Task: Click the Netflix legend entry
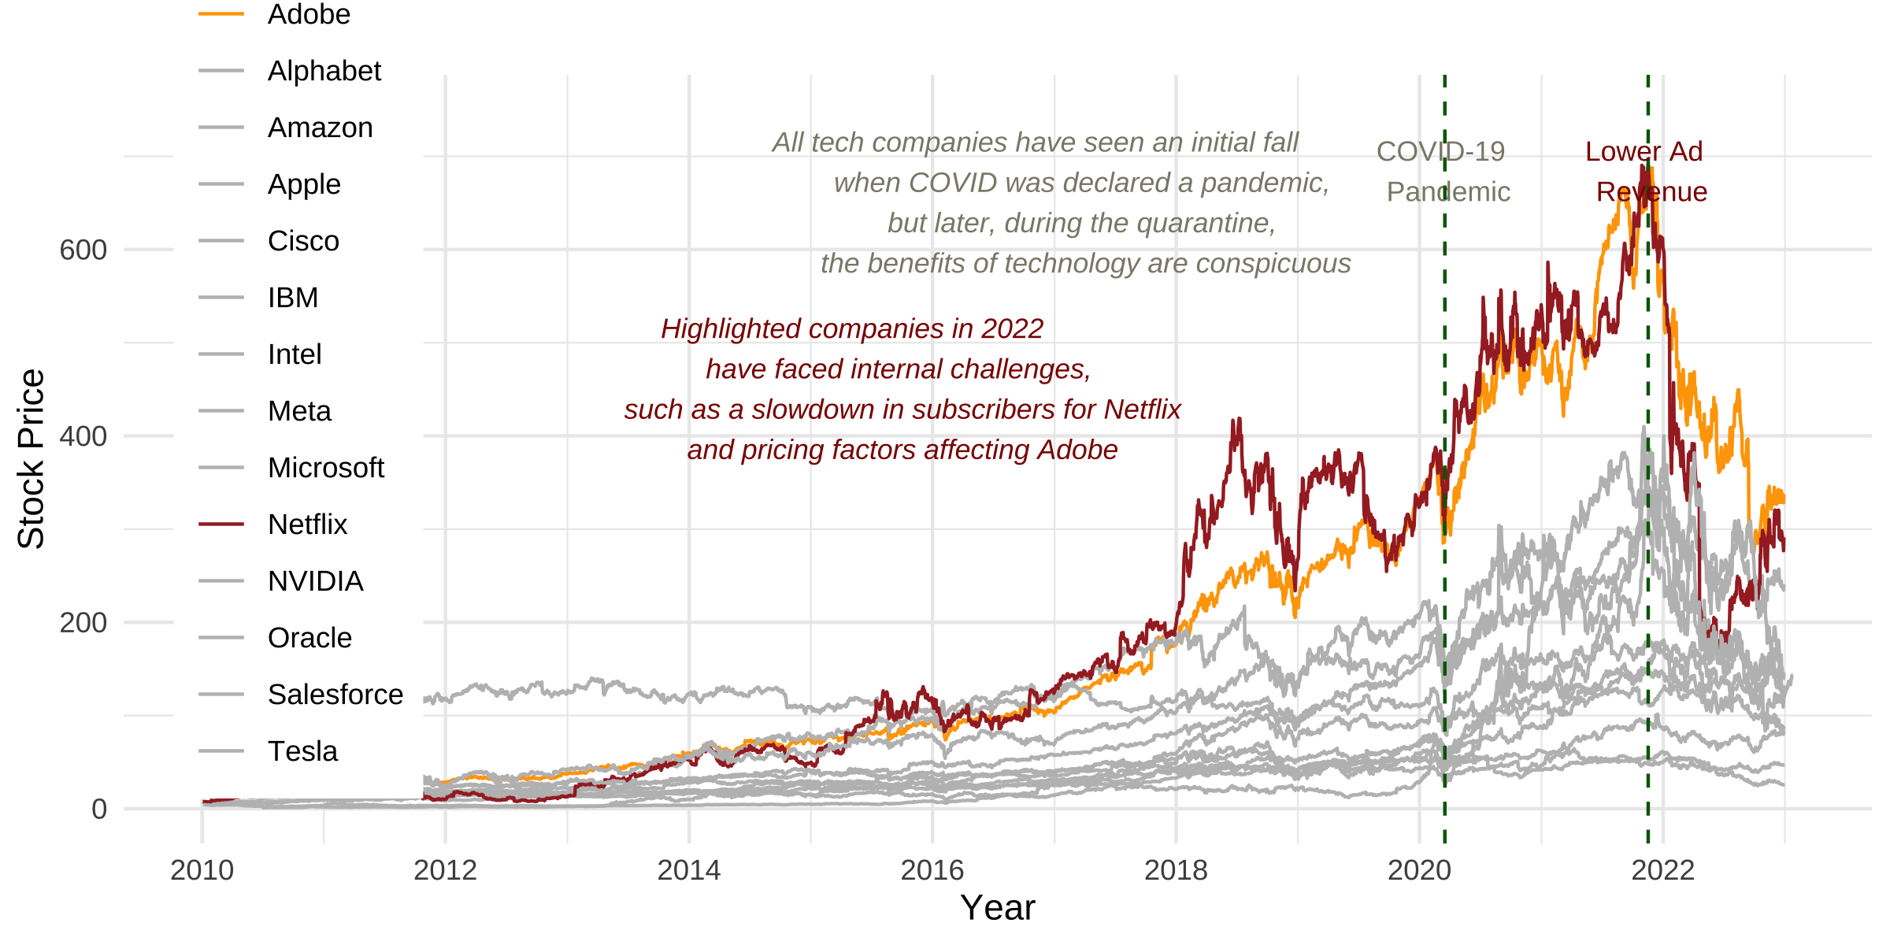coord(307,524)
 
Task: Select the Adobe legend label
coord(309,14)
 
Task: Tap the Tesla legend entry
coord(302,751)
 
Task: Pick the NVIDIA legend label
coord(315,581)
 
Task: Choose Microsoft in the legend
coord(325,468)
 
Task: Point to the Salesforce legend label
coord(335,695)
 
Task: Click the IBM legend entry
coord(293,298)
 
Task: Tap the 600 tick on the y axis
coord(83,250)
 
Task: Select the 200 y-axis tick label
coord(83,623)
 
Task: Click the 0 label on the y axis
coord(99,810)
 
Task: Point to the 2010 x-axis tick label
coord(202,870)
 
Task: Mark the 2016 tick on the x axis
coord(932,870)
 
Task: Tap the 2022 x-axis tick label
coord(1662,870)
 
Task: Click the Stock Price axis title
coord(31,458)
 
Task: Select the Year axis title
coord(997,908)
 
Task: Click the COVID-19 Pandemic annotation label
coord(1443,172)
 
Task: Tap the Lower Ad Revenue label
coord(1646,172)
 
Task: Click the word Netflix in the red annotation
coord(1142,409)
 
